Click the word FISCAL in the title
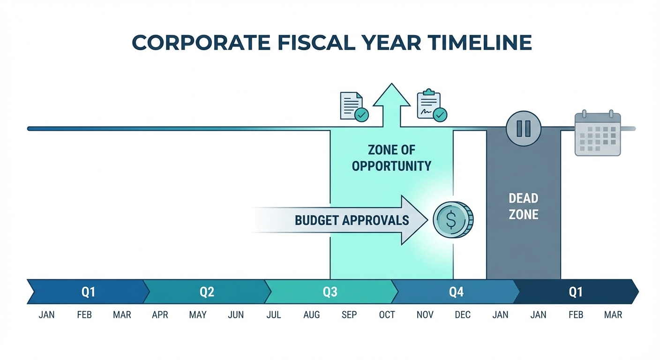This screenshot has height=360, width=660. point(316,43)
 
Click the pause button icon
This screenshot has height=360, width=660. point(524,128)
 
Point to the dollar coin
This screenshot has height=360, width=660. point(453,220)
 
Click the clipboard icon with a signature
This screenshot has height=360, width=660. point(432,105)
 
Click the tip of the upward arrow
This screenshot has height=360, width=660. point(391,83)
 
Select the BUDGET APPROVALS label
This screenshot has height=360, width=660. point(352,220)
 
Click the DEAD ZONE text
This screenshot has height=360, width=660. point(524,207)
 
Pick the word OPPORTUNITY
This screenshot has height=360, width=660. point(391,166)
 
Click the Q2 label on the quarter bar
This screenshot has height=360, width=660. point(207,292)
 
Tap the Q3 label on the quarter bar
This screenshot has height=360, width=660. point(330,292)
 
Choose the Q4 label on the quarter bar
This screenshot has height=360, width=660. point(457,292)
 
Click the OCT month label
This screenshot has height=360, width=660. point(387,315)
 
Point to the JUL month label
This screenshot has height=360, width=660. point(274,315)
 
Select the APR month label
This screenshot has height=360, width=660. point(160,315)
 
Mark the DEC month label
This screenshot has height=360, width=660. point(463,315)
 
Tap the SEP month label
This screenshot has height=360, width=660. point(349,315)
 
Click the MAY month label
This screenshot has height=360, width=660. point(198,315)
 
